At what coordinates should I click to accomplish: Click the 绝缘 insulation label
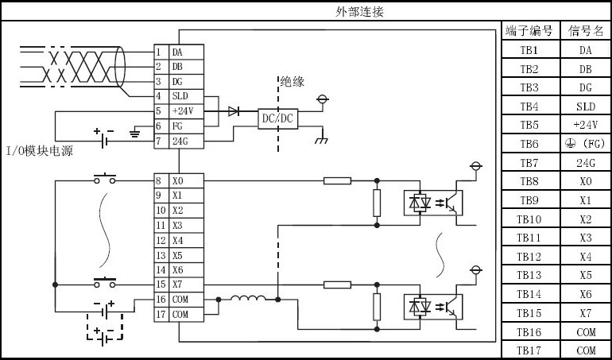coord(292,81)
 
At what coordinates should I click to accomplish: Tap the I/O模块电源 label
coord(40,151)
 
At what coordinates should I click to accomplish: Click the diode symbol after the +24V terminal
coord(234,111)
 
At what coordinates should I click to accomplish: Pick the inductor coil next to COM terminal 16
coord(249,300)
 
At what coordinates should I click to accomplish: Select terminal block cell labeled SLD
coord(186,96)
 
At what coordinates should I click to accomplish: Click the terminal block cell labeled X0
coord(186,181)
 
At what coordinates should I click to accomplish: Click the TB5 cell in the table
coord(530,125)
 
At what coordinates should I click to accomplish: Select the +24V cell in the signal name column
coord(585,125)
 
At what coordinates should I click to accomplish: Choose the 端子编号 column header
coord(530,31)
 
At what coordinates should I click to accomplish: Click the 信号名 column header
coord(585,31)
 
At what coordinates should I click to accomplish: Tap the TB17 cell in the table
coord(530,350)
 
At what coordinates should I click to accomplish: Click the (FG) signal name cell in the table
coord(585,144)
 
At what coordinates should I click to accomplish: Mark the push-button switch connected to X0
coord(105,177)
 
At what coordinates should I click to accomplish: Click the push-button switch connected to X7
coord(105,281)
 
